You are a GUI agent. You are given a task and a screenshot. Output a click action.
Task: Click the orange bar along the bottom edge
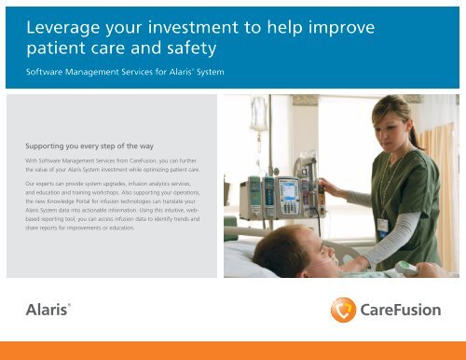[233, 352]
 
